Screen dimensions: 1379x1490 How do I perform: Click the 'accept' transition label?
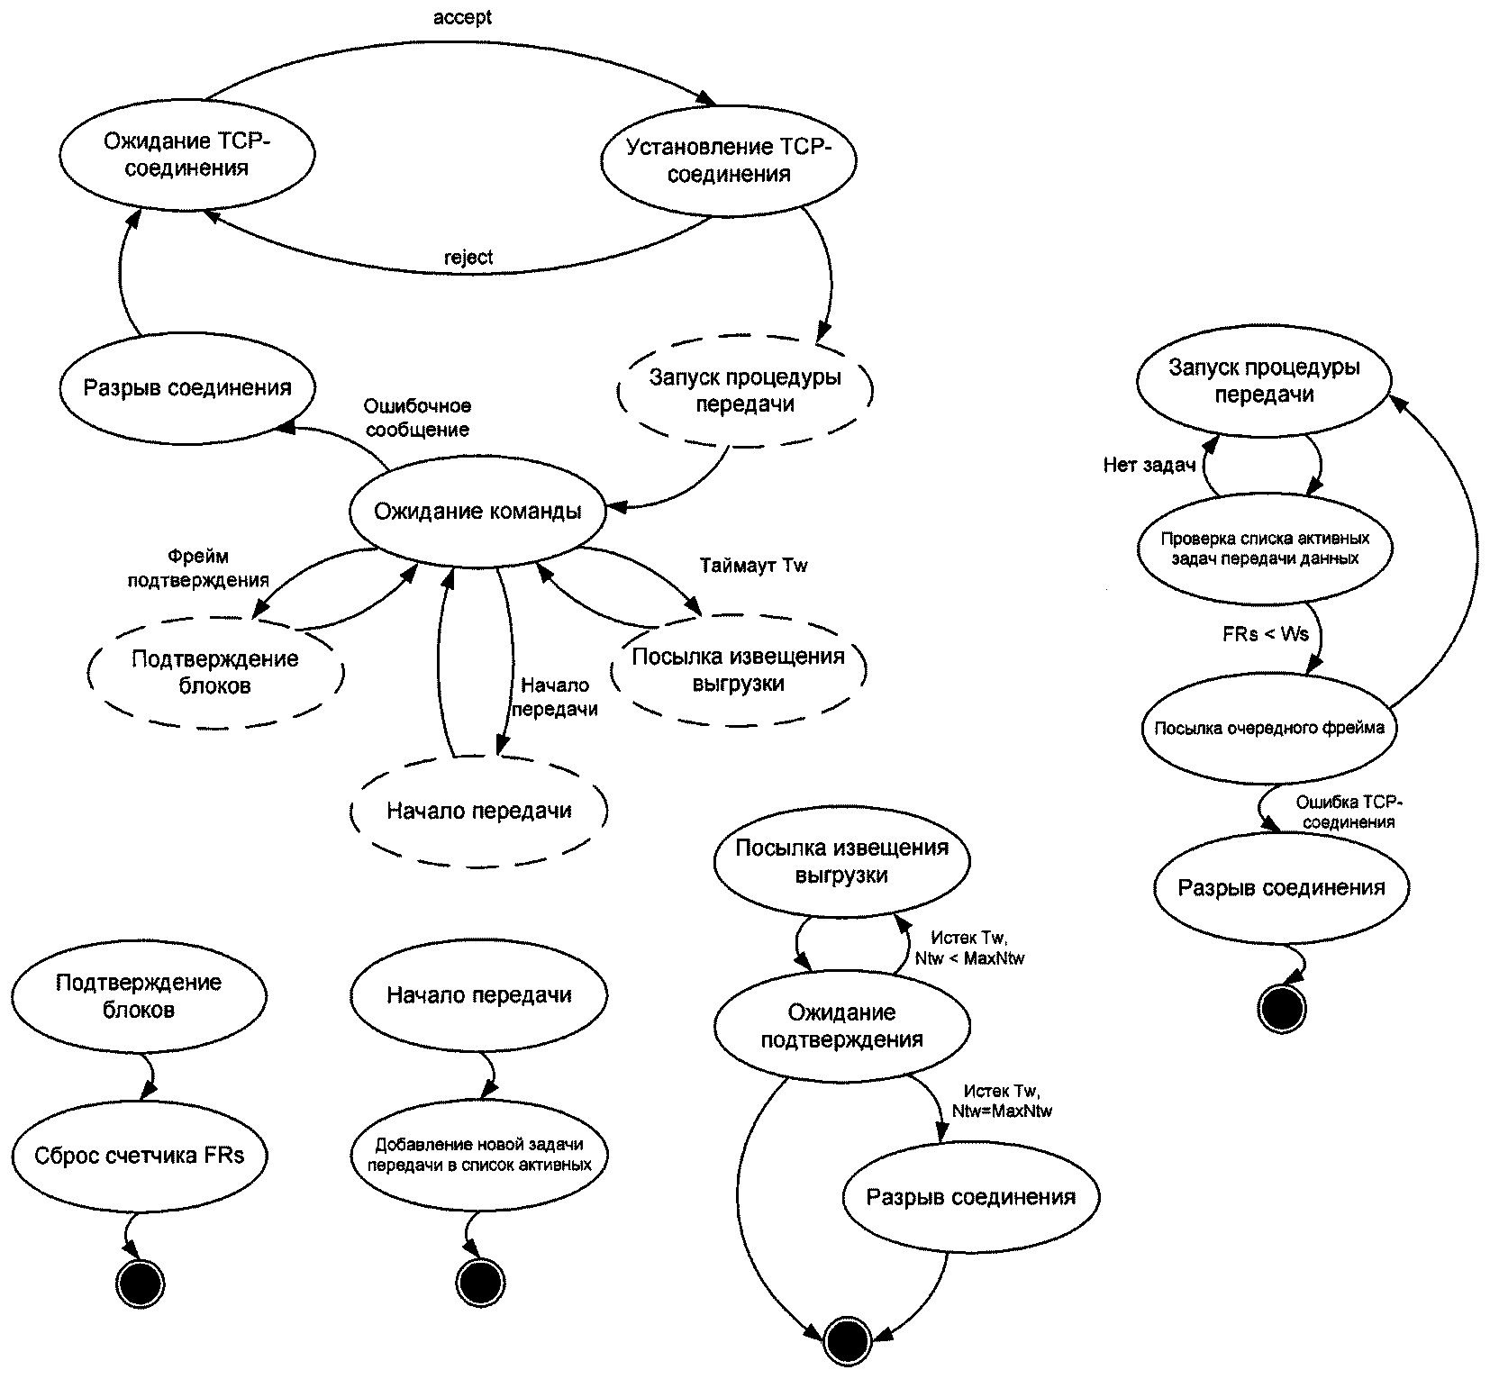point(462,18)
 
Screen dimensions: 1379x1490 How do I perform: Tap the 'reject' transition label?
point(468,258)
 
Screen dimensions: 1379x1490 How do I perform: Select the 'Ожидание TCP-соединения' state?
point(186,155)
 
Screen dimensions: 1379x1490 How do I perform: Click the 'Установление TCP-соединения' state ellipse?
point(728,160)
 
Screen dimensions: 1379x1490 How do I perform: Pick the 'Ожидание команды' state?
point(477,512)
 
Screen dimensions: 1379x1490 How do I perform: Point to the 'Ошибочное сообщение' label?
point(417,418)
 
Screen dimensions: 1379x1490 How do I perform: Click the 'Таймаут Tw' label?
point(754,566)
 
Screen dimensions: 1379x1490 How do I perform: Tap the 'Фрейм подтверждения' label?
point(198,568)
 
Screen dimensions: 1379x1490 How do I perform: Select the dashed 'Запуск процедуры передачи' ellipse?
point(745,390)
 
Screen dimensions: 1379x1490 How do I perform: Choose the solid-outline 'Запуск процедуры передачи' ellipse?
point(1263,381)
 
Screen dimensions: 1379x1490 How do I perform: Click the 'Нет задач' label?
point(1149,466)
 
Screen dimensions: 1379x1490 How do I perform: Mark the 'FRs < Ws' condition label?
point(1266,634)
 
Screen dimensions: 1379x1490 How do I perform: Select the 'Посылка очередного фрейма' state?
point(1269,728)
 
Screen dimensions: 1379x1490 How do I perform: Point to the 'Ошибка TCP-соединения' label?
point(1349,812)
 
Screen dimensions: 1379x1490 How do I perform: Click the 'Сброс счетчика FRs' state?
point(140,1156)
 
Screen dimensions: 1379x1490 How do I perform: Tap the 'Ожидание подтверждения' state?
point(841,1026)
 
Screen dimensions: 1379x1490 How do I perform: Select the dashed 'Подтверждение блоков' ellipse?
point(215,672)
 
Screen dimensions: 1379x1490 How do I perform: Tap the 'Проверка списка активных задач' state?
point(1265,549)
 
